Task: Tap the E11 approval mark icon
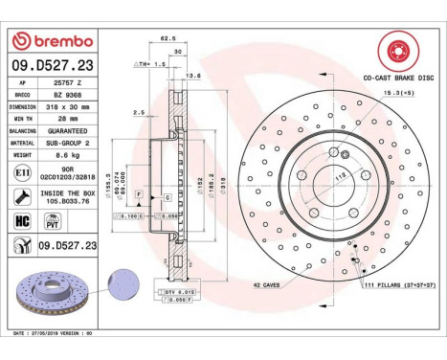coord(23,171)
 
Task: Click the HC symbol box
coord(23,219)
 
